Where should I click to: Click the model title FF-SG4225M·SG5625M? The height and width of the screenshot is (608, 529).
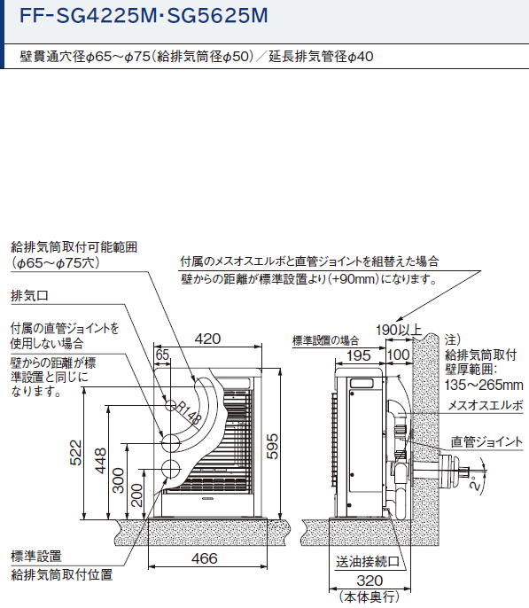tap(144, 16)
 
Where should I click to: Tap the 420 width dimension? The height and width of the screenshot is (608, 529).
tap(207, 339)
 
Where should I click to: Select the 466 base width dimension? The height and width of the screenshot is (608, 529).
tap(204, 558)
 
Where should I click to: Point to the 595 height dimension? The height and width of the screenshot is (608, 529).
tap(272, 447)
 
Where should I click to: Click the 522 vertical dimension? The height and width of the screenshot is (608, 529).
tap(75, 453)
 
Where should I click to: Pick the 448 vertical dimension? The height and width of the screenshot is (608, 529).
tap(101, 461)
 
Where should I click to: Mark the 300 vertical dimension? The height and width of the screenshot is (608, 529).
tap(118, 480)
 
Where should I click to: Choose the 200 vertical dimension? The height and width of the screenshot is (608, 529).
tap(136, 495)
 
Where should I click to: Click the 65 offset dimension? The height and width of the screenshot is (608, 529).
tap(162, 355)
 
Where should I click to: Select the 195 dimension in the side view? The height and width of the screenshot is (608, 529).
tap(359, 355)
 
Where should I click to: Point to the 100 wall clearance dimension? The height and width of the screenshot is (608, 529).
tap(399, 355)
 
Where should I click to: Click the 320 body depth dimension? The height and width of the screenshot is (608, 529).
tap(370, 581)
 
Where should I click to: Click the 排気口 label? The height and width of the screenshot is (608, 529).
tap(30, 295)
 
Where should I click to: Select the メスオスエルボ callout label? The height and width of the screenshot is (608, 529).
tap(486, 406)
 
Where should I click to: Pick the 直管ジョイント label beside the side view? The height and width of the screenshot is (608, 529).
tap(486, 442)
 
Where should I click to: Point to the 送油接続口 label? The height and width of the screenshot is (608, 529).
tap(368, 562)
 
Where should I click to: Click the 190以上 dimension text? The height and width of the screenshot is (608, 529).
tap(399, 330)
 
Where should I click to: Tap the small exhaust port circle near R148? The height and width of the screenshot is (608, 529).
tap(170, 406)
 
